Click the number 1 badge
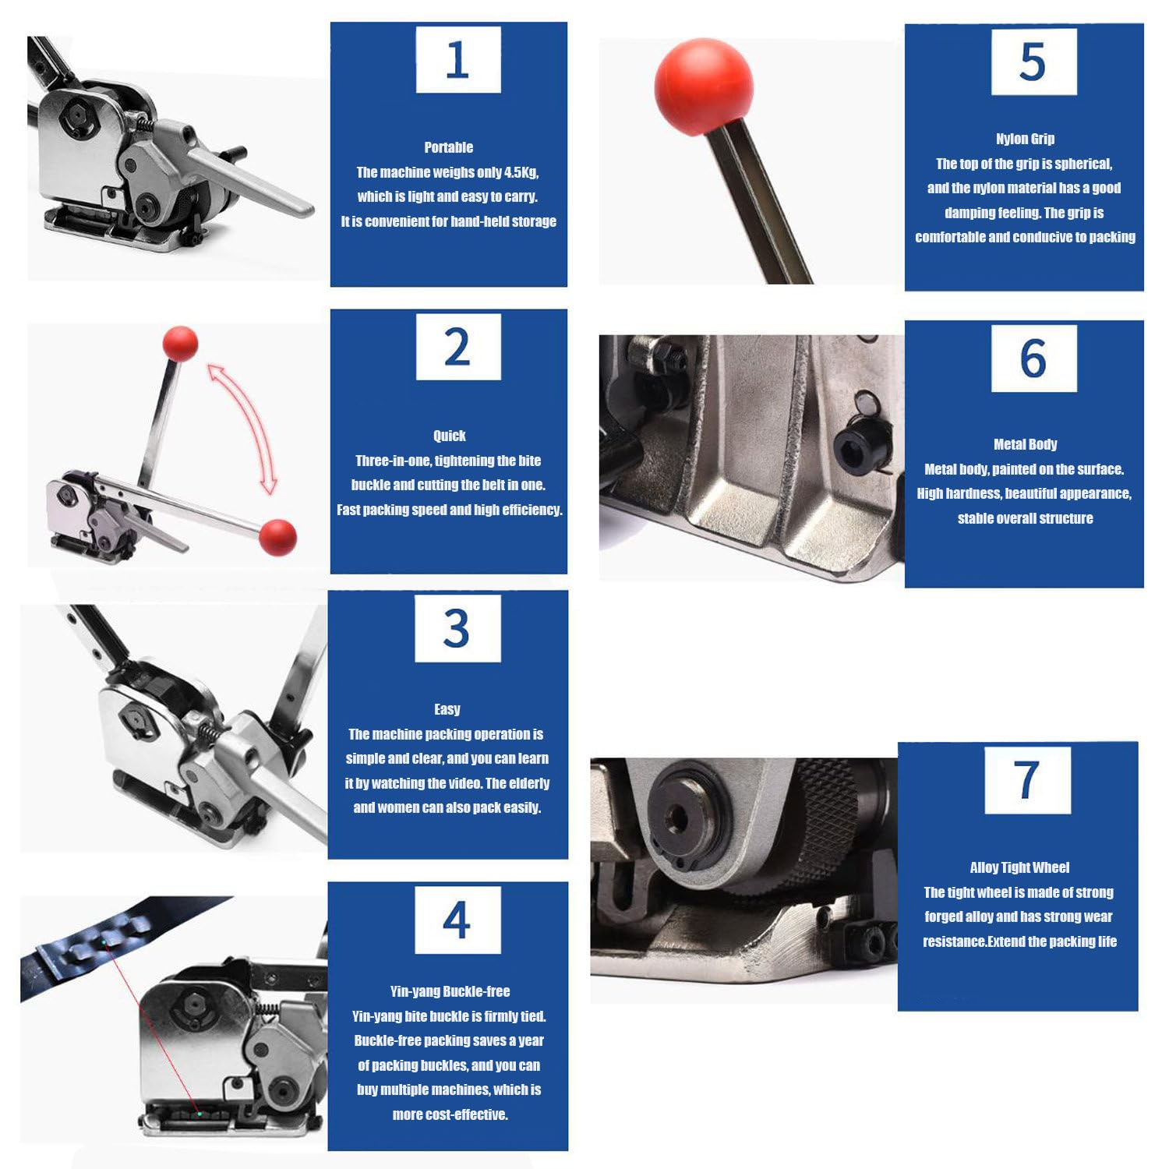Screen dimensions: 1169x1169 click(458, 60)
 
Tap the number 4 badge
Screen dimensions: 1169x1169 click(457, 920)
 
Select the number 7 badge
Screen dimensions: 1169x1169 click(1027, 780)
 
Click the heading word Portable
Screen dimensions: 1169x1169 click(448, 147)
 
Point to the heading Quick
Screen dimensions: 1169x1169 click(449, 436)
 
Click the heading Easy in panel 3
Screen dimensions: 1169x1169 click(447, 709)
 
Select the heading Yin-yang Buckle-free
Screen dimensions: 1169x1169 click(450, 991)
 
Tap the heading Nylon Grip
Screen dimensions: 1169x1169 click(1025, 139)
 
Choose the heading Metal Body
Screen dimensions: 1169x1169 click(1025, 444)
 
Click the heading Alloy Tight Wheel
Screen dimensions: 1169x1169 click(1019, 867)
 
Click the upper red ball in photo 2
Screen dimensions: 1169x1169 click(180, 344)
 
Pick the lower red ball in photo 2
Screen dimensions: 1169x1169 click(278, 536)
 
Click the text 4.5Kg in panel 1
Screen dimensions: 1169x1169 click(521, 172)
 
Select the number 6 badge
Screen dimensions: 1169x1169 click(1033, 358)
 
